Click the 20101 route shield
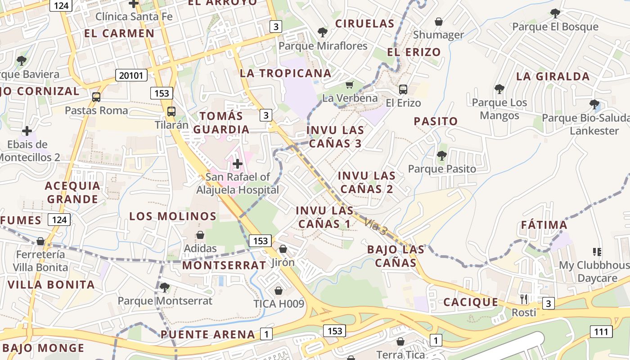(x=131, y=75)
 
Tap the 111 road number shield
(x=601, y=332)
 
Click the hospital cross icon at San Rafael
(x=238, y=164)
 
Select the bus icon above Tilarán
(x=171, y=112)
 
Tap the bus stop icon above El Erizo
(x=403, y=89)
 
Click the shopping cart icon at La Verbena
(x=350, y=85)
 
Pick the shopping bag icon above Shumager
(x=439, y=22)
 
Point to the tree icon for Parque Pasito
(x=442, y=156)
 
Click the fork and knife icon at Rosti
(x=524, y=299)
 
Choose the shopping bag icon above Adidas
(x=200, y=235)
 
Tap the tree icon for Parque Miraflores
(x=322, y=32)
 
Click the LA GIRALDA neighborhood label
(x=553, y=76)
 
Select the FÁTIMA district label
(x=544, y=225)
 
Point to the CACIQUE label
(x=471, y=302)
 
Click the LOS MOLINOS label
(x=173, y=216)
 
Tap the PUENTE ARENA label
(x=208, y=334)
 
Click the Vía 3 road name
(x=376, y=226)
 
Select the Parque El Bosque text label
(x=555, y=27)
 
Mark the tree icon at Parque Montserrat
(x=164, y=287)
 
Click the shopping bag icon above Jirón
(x=283, y=249)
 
